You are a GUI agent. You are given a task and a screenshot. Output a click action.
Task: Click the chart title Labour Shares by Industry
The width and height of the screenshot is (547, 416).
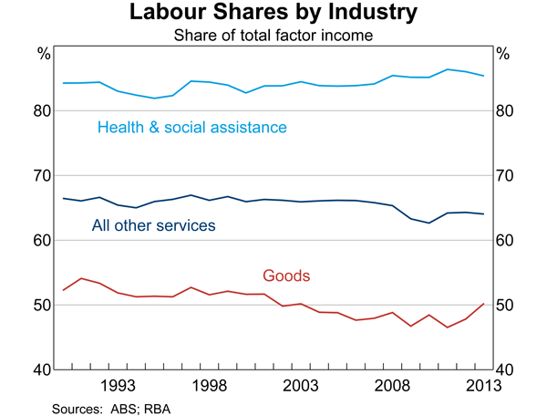[273, 14]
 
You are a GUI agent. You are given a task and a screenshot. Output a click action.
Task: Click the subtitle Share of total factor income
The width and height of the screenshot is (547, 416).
[273, 36]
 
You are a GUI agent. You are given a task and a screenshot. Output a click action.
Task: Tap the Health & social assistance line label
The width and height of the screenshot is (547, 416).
[192, 127]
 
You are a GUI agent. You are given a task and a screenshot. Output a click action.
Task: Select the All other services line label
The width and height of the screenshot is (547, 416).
[153, 224]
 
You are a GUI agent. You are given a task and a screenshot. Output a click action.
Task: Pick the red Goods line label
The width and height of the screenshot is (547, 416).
[286, 275]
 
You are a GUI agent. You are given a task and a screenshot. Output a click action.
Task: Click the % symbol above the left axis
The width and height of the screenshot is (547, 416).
[43, 54]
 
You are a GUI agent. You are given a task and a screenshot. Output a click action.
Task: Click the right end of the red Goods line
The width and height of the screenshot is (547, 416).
[483, 304]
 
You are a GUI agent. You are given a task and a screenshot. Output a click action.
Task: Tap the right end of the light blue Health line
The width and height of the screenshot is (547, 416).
[483, 76]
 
